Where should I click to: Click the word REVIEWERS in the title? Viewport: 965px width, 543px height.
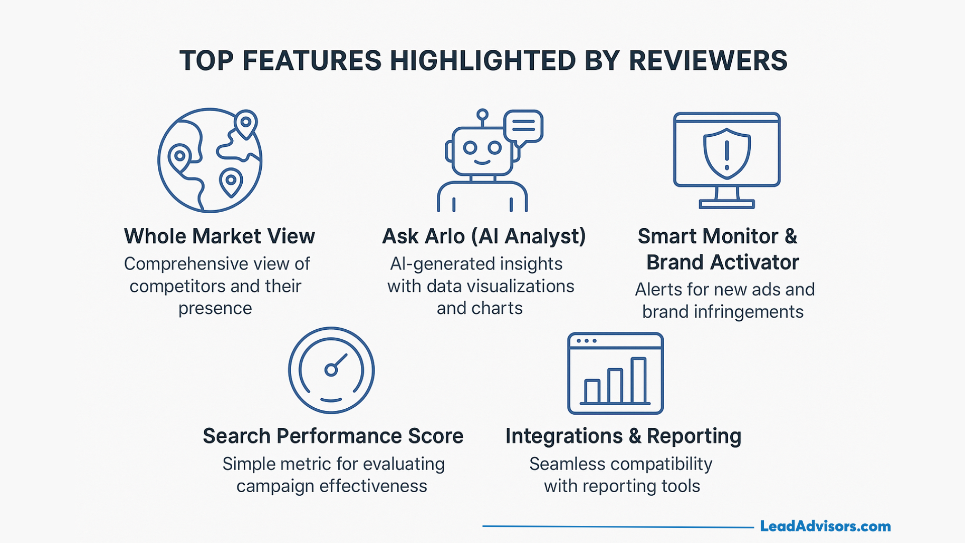pos(708,61)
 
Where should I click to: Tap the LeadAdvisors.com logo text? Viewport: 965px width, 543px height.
pos(825,526)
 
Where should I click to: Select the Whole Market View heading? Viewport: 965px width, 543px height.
pos(219,236)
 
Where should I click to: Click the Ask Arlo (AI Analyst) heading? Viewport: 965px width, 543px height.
pos(484,236)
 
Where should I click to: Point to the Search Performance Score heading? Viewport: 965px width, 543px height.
pos(333,436)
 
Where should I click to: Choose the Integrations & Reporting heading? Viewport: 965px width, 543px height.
pos(623,436)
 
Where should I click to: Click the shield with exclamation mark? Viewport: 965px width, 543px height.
pos(727,153)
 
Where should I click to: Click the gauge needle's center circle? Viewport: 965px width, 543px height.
pos(331,371)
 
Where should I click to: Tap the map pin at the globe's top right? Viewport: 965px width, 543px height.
pos(246,123)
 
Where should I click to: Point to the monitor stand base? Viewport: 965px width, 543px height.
pos(727,204)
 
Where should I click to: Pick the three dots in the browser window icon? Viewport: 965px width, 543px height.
pos(587,341)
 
